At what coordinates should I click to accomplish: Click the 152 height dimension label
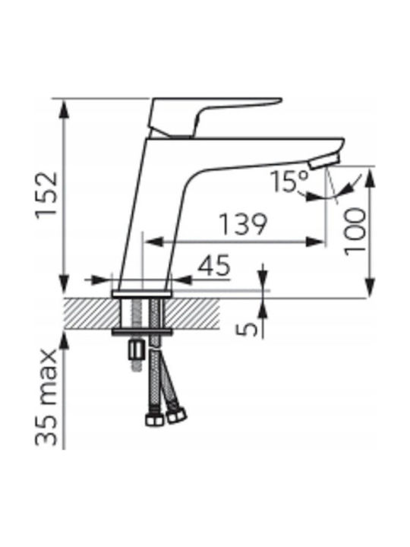point(47,194)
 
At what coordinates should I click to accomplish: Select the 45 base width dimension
point(214,265)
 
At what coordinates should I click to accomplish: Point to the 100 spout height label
point(355,231)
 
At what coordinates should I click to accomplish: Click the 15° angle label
point(290,182)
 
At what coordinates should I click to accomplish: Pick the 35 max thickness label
point(46,397)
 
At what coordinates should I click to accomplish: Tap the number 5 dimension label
point(247,329)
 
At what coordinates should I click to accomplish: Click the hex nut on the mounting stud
point(136,350)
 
